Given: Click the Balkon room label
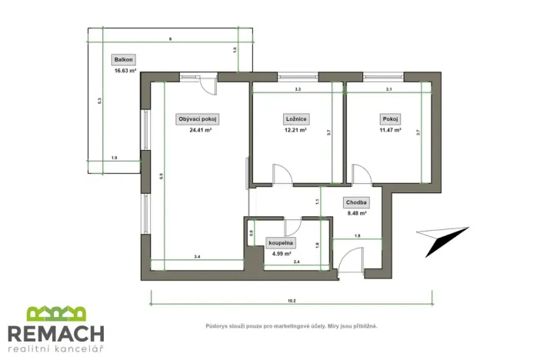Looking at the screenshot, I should pyautogui.click(x=123, y=59).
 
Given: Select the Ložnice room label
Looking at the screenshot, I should pyautogui.click(x=296, y=119).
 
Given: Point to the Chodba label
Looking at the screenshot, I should pyautogui.click(x=356, y=202).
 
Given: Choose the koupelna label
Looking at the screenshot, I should pyautogui.click(x=280, y=243).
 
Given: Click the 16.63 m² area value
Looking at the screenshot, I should pyautogui.click(x=125, y=70).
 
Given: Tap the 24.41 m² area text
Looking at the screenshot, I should pyautogui.click(x=200, y=131).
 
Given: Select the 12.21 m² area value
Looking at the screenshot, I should pyautogui.click(x=296, y=131).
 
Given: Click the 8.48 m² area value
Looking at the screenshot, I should pyautogui.click(x=356, y=213).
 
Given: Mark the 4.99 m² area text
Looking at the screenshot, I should pyautogui.click(x=280, y=254).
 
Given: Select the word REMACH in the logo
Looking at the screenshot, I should pyautogui.click(x=56, y=334).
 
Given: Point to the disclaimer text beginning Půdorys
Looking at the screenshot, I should pyautogui.click(x=292, y=326).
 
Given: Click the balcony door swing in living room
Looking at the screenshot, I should pyautogui.click(x=208, y=85).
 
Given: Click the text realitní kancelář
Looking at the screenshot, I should pyautogui.click(x=56, y=350).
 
